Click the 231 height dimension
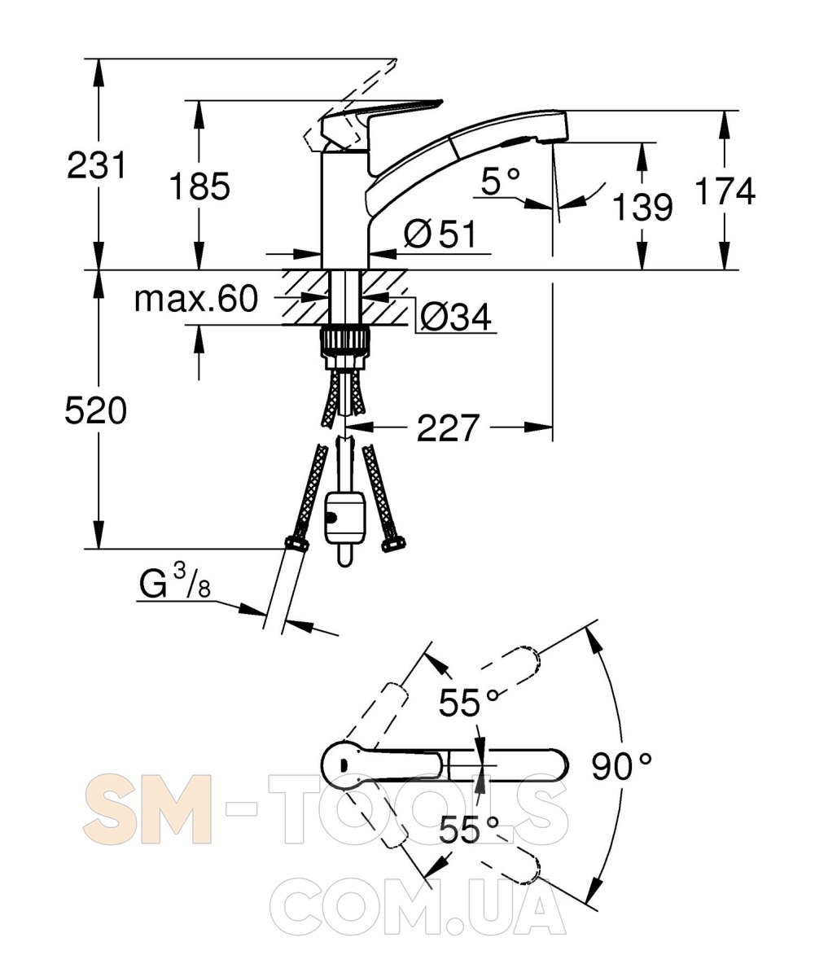pos(96,165)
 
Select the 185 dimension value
pos(199,186)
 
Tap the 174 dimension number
pos(725,191)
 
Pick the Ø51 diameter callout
pos(440,234)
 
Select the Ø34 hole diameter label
pos(456,317)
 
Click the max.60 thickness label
pos(196,299)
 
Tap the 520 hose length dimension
pos(96,410)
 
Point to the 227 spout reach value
pos(448,427)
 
